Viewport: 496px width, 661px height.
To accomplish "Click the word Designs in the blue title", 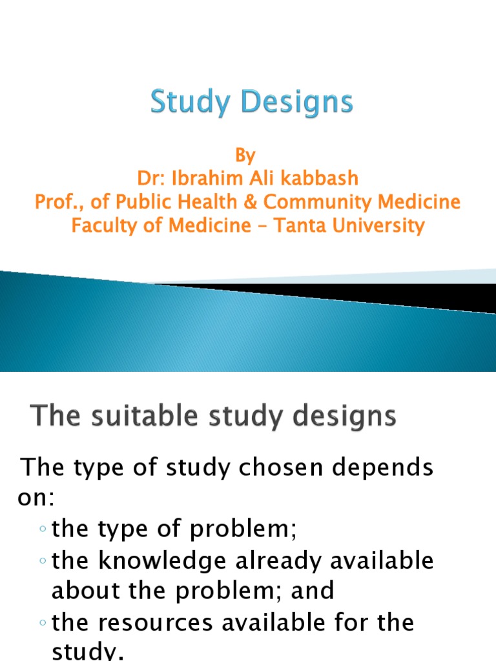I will click(294, 103).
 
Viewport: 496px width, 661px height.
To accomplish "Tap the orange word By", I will click(245, 156).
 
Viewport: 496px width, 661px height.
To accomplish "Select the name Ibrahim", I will click(206, 179).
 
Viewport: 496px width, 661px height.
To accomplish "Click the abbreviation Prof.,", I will click(56, 202).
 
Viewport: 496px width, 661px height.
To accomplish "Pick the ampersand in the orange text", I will click(251, 202).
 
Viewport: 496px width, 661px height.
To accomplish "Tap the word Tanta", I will click(299, 225).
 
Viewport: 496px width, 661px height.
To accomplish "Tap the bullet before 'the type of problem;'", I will click(42, 530).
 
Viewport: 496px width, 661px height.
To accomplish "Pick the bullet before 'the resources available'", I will click(42, 623).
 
